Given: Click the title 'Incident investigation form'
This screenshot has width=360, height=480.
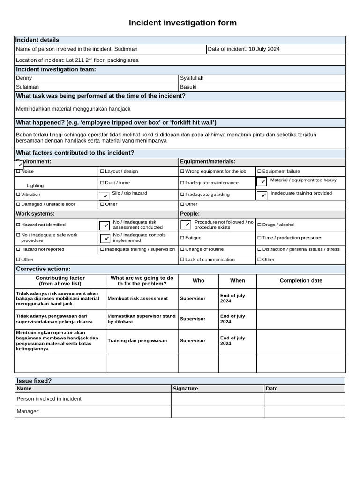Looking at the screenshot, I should click(183, 23).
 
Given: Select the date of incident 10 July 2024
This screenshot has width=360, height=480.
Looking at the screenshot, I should click(264, 49).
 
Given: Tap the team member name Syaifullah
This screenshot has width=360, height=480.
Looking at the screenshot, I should click(192, 78).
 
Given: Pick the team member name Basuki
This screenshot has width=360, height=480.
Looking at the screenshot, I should click(188, 87).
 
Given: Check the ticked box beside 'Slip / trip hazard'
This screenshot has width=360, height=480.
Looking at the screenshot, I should click(104, 196).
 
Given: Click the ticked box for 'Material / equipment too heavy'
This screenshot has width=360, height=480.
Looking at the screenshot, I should click(262, 181).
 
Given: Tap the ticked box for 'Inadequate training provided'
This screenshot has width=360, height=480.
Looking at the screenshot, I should click(262, 195).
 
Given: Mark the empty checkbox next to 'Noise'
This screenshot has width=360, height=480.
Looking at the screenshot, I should click(18, 172).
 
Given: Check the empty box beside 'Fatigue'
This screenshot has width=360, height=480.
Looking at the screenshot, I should click(182, 238).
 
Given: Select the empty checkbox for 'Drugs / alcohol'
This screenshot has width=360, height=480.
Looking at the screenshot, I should click(259, 225).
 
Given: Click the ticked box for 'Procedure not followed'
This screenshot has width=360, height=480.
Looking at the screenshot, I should click(186, 225).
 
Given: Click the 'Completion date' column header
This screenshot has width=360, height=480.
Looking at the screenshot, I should click(301, 281).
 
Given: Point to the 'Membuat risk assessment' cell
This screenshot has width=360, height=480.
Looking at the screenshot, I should click(137, 298).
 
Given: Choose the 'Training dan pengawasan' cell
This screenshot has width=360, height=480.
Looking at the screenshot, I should click(137, 341).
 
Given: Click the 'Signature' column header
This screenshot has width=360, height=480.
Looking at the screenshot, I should click(186, 389).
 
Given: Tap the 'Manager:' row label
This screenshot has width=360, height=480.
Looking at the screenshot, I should click(28, 412).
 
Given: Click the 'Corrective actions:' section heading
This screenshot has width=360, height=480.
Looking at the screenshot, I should click(43, 269).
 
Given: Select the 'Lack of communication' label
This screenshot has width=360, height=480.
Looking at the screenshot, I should click(210, 259).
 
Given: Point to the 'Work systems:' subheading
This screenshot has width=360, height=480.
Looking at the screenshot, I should click(35, 214).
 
